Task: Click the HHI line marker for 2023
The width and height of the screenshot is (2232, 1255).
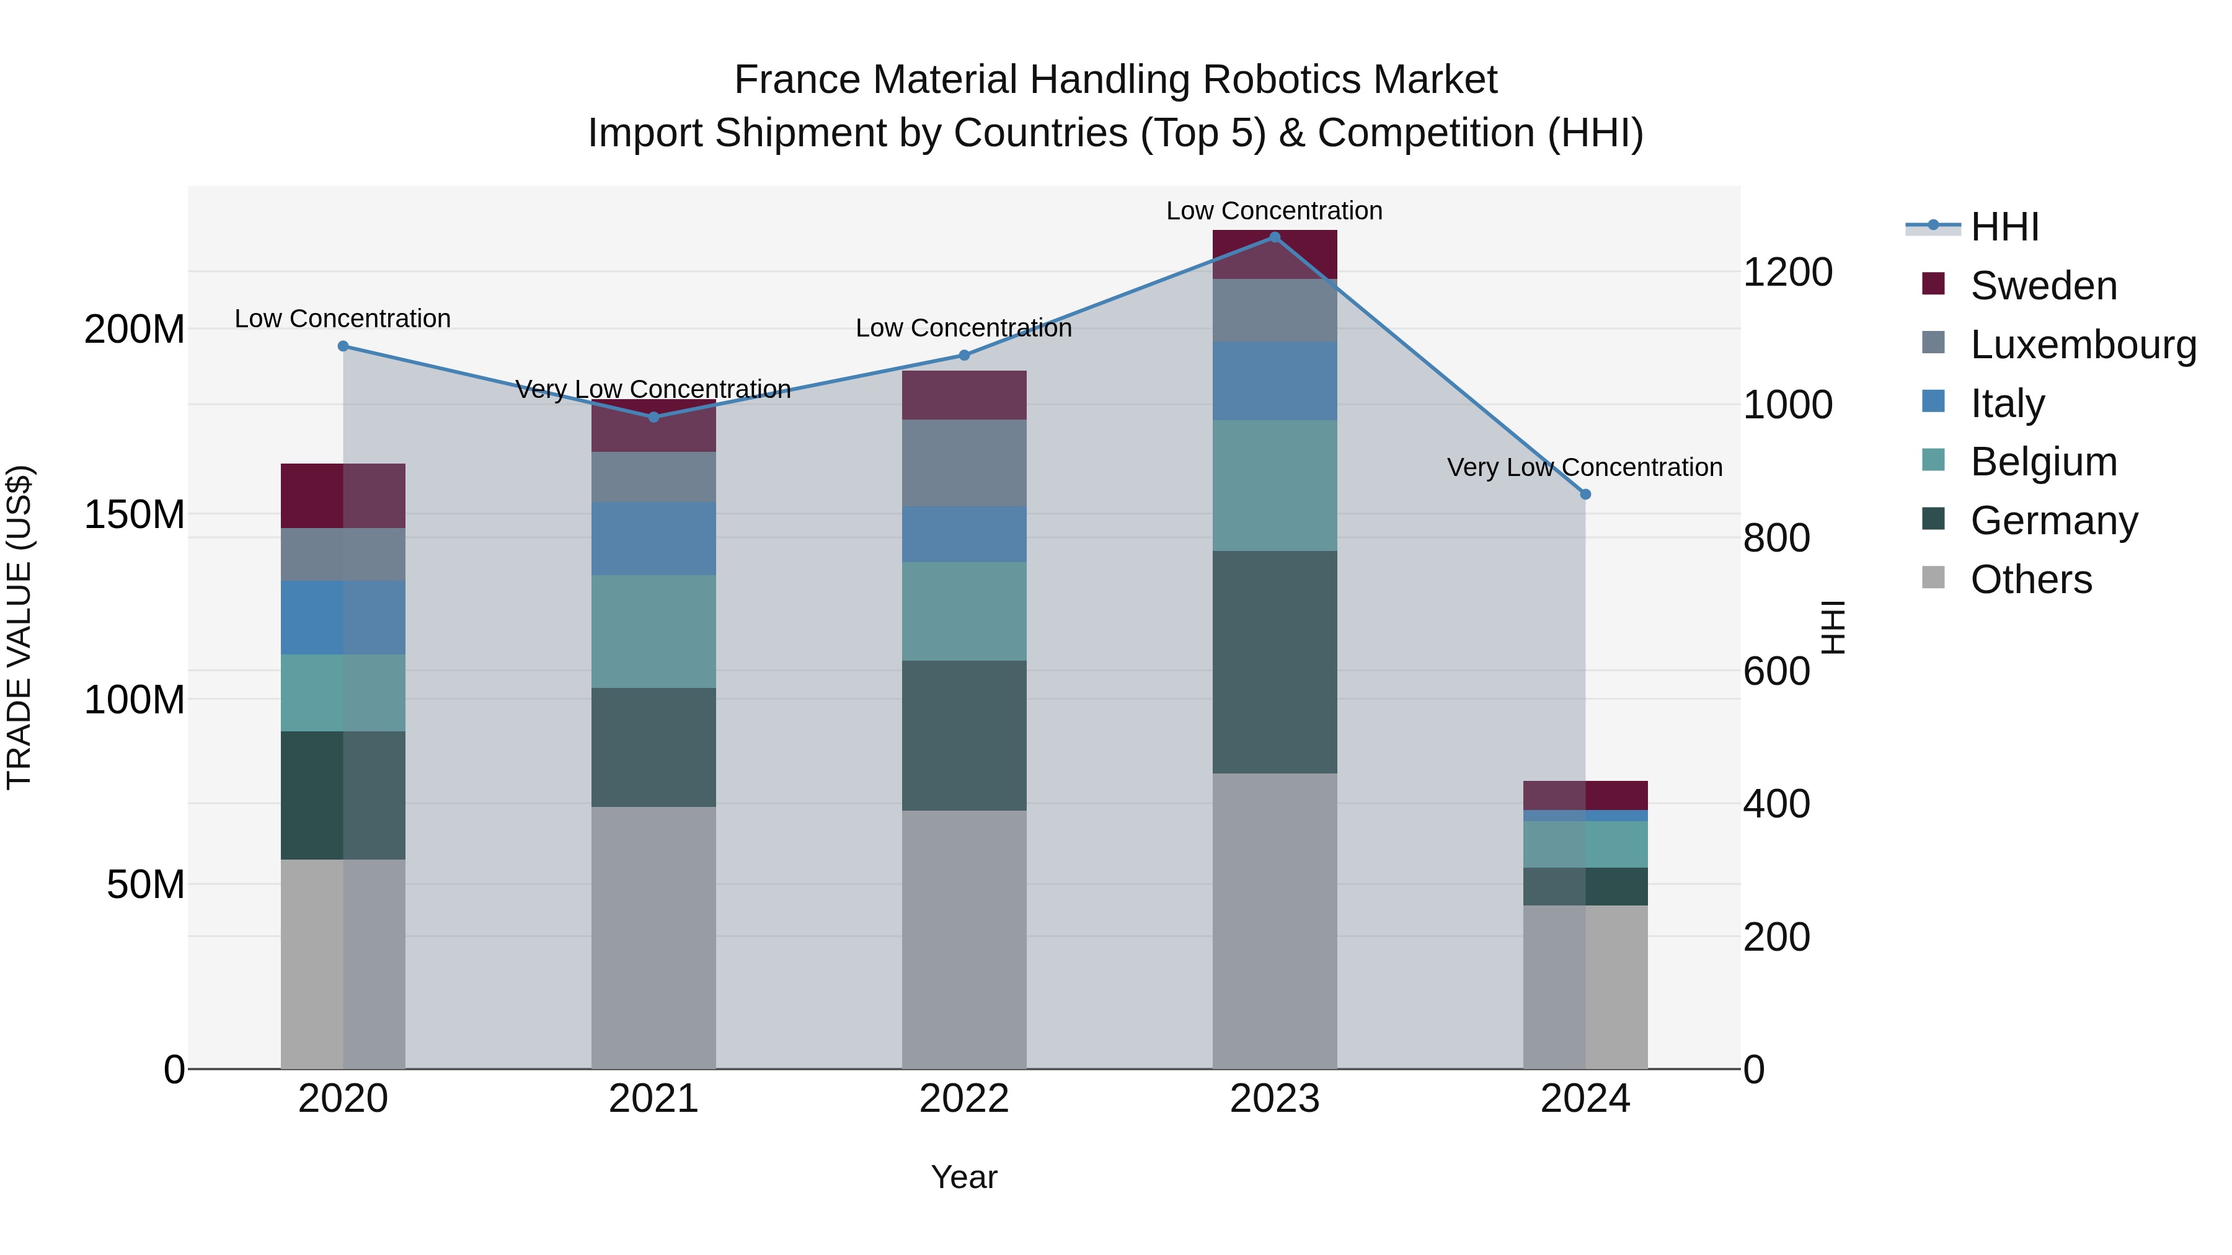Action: pos(1275,237)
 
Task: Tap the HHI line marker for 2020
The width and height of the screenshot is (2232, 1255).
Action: pos(343,346)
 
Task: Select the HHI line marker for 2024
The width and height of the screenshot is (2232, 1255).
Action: pos(1585,495)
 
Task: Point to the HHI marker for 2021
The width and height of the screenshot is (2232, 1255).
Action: pos(654,418)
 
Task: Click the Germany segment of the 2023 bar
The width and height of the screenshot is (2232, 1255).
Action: pos(1275,662)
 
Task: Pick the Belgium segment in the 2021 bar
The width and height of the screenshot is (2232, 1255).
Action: pos(654,632)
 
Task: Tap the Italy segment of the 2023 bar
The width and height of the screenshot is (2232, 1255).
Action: pos(1275,381)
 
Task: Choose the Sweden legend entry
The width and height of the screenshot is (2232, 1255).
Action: pos(2043,286)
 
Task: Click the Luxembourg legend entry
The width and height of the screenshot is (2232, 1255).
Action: pos(2083,345)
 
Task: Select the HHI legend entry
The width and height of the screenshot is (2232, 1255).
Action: pos(2004,227)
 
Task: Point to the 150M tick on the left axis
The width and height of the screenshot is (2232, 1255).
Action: pos(135,514)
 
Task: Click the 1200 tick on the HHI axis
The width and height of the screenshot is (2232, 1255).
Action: pos(1787,272)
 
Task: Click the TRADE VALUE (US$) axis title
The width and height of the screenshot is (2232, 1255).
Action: pos(19,627)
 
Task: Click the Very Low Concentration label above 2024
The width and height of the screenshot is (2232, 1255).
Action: pos(1585,468)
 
